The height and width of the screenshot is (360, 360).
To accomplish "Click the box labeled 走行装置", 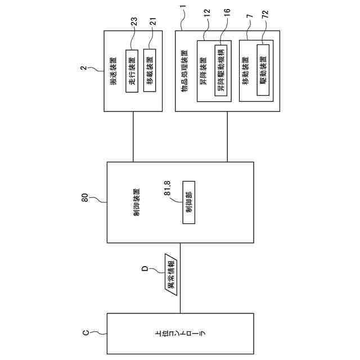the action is click(132, 71).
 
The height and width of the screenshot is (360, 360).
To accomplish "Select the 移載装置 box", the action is click(150, 70).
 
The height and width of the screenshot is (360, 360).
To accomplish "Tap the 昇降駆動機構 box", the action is click(221, 70).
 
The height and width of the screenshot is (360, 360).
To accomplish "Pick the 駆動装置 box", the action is click(263, 70).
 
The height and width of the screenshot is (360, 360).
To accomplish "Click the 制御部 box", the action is click(189, 202).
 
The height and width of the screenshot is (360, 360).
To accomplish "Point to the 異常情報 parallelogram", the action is click(171, 274).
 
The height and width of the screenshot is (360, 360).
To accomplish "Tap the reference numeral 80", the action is click(85, 197).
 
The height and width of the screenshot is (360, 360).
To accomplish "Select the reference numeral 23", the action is click(134, 22).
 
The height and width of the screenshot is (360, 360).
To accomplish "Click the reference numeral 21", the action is click(152, 21).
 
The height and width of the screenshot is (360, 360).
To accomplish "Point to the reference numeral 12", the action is click(207, 12).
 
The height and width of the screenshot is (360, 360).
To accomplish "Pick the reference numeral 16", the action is click(227, 12).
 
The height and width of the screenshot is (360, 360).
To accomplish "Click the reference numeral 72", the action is click(265, 14).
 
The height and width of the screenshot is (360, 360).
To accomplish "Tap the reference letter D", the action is click(145, 268).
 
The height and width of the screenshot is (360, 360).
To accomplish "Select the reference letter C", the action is click(85, 332).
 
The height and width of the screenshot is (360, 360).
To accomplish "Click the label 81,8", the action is click(168, 188).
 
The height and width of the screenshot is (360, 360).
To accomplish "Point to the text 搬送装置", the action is click(113, 71).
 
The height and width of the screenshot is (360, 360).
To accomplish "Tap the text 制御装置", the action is click(137, 202).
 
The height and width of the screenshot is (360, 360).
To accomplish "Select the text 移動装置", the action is click(246, 71).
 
